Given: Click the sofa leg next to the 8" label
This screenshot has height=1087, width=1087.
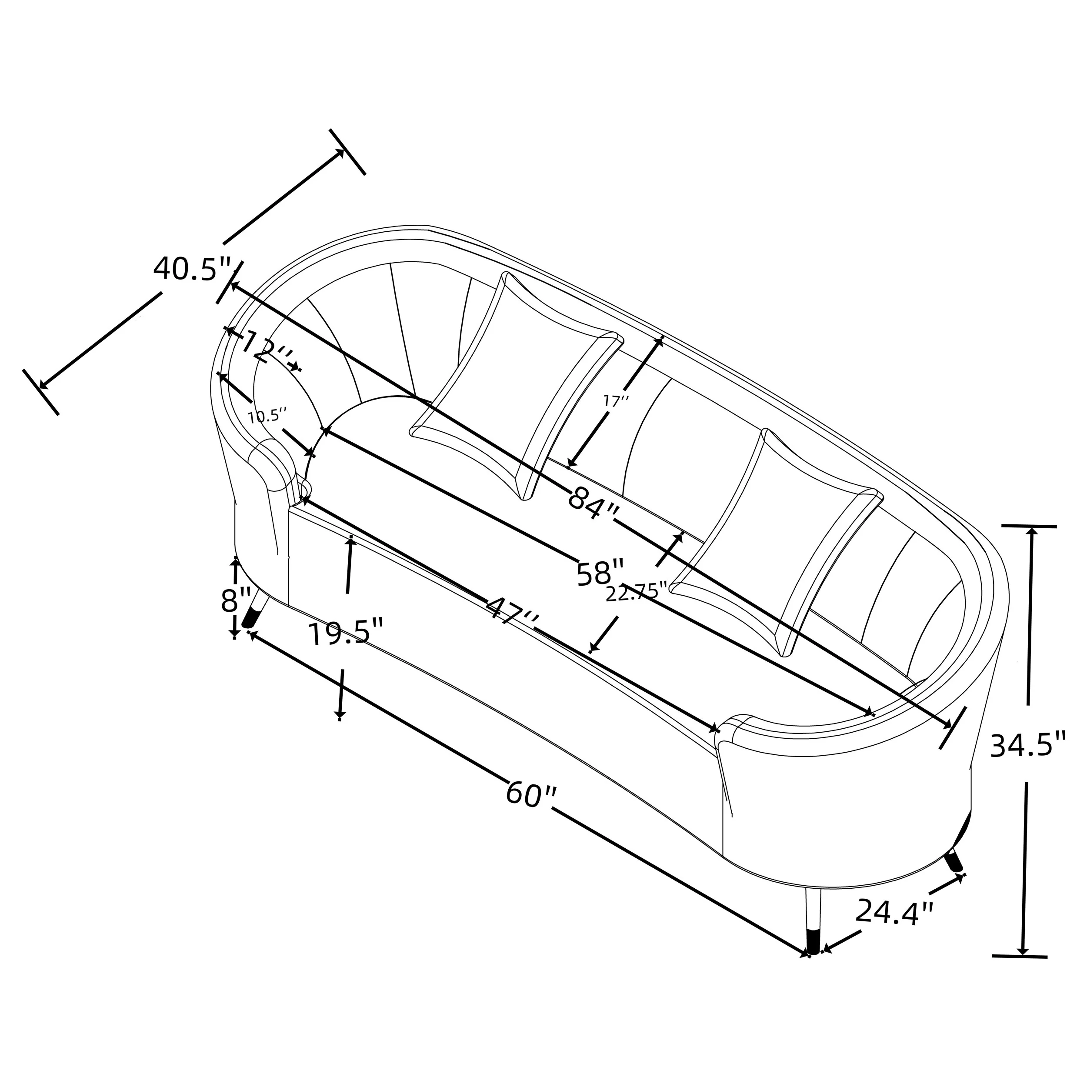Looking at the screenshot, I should (254, 612).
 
